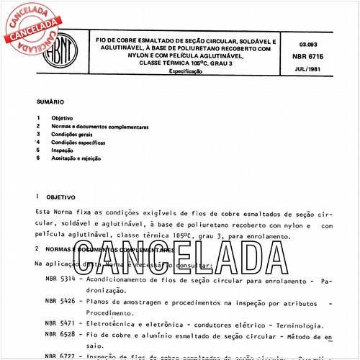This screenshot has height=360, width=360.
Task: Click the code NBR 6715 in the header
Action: coord(307,54)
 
